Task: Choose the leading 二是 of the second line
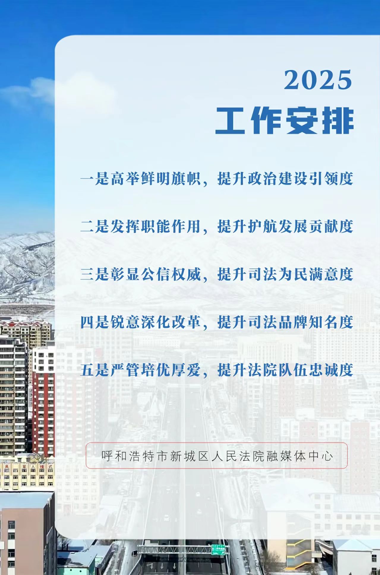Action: [x=95, y=226]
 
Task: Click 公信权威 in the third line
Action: [x=171, y=274]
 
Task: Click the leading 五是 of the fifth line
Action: [x=95, y=370]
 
